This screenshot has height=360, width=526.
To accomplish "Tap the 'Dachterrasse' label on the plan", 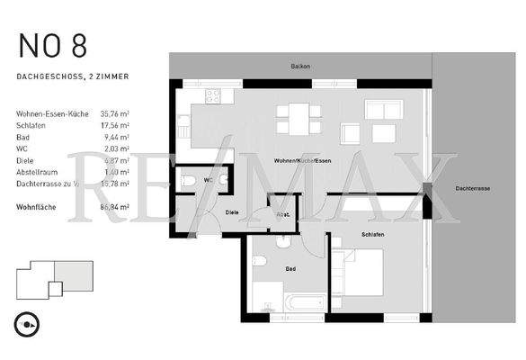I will (x=472, y=189).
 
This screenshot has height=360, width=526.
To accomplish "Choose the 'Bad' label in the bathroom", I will (x=290, y=268).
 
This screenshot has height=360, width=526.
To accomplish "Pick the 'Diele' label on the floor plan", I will (x=231, y=212).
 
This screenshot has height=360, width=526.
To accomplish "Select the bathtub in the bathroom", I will (x=293, y=302).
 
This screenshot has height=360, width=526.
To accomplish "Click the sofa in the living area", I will (x=383, y=112).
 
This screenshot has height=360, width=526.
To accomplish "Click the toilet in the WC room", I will (x=189, y=180).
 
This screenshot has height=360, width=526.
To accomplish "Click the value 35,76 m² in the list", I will (x=115, y=114).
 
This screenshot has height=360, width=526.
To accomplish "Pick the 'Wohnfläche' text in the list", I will (x=38, y=206).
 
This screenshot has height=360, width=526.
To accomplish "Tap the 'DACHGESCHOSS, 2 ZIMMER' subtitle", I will (x=73, y=77).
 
